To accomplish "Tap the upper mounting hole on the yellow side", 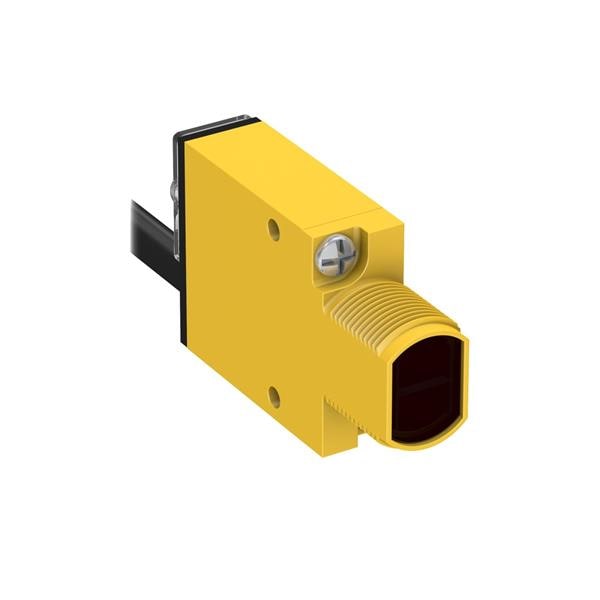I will [x=273, y=230].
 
